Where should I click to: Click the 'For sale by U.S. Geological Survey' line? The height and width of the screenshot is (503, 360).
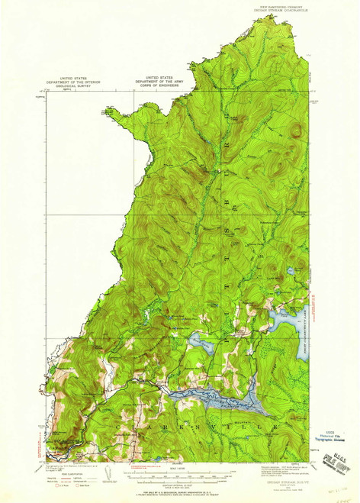click(180, 492)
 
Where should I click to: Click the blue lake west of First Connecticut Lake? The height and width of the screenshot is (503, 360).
click(202, 343)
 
